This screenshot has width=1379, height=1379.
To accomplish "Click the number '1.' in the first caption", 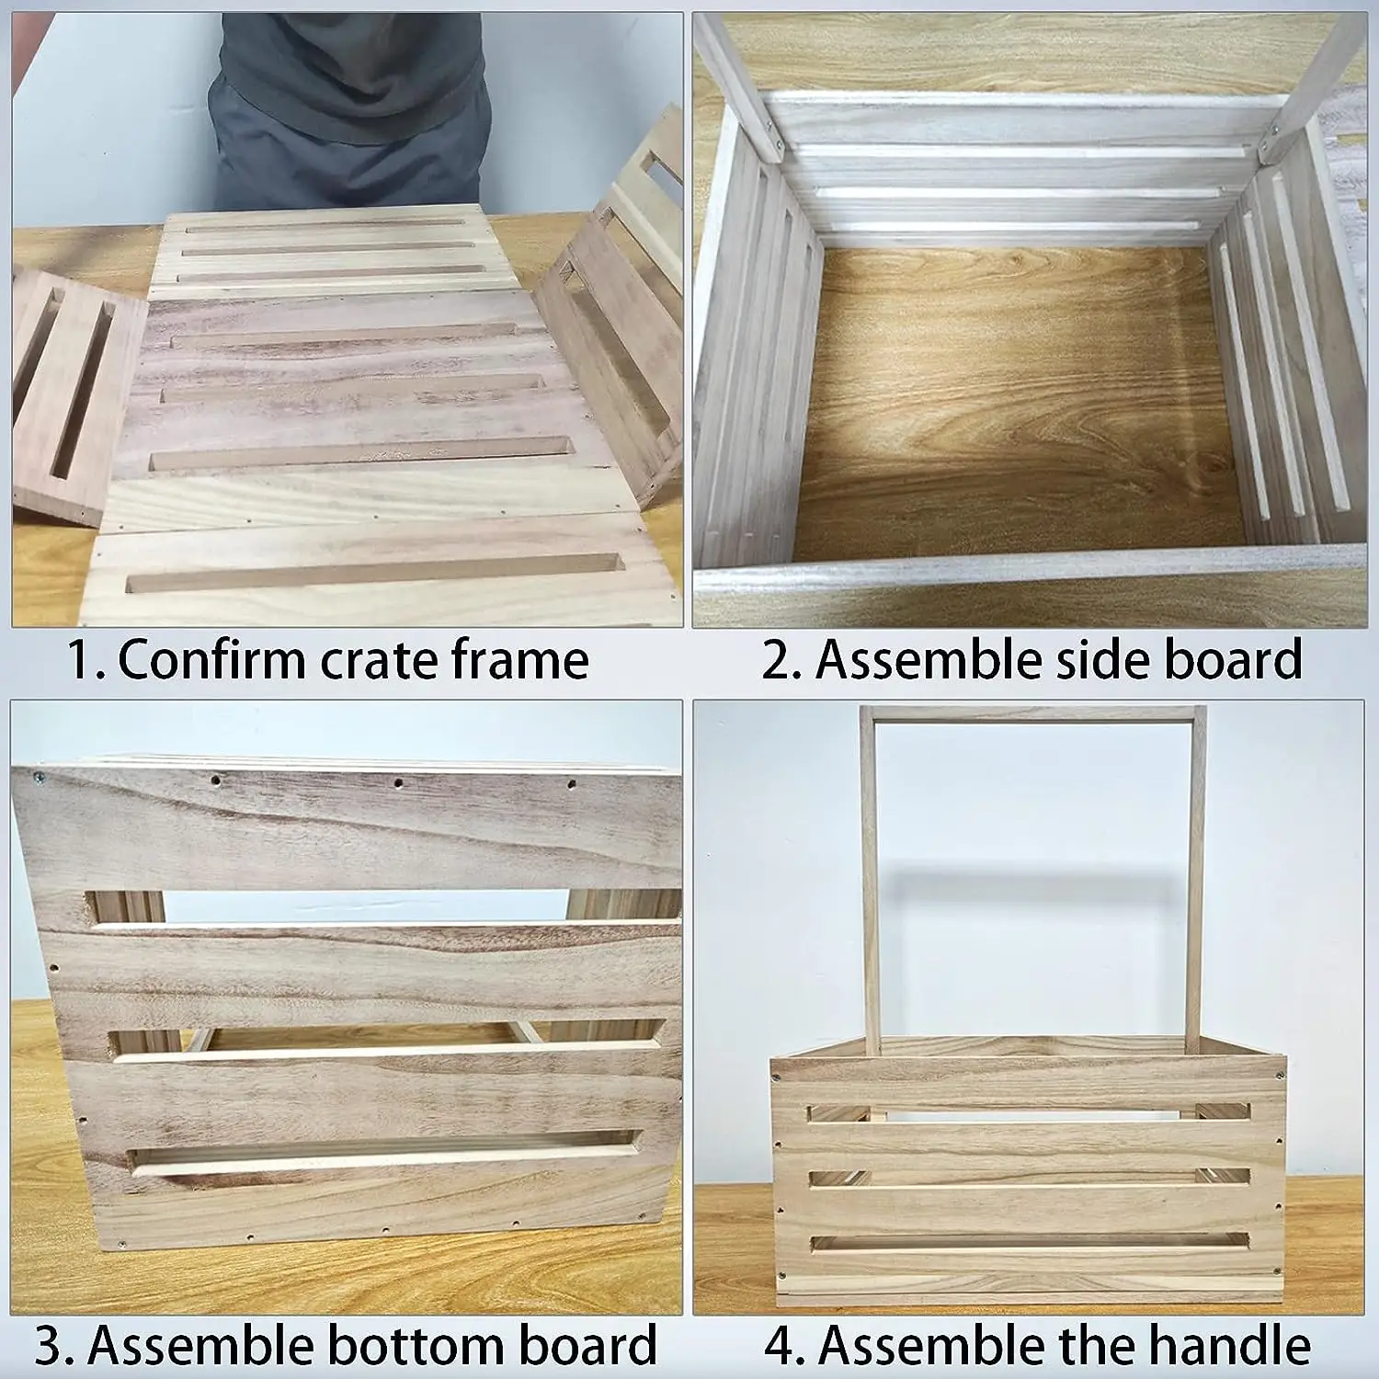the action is pos(88,659).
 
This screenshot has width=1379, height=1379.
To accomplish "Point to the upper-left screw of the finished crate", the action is pos(779,1074).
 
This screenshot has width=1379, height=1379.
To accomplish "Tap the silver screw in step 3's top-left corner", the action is pos(37,778).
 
